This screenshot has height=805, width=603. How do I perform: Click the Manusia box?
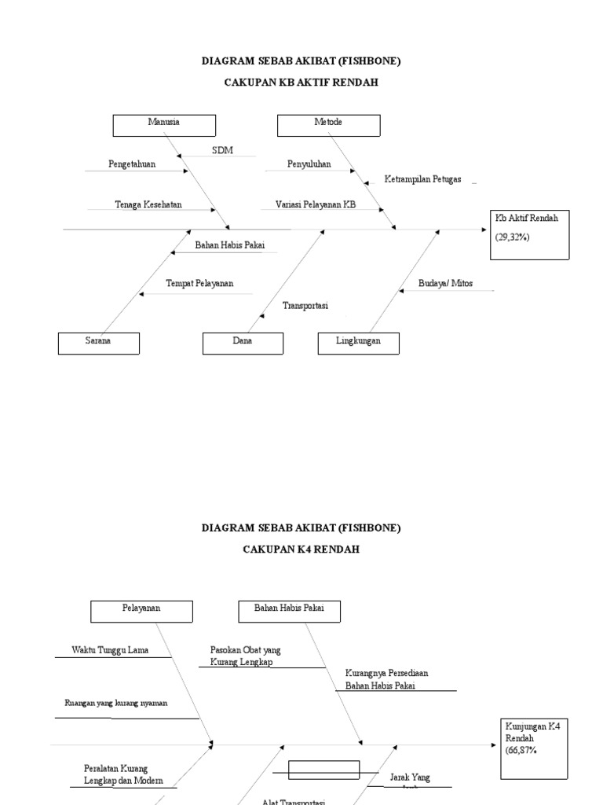[163, 126]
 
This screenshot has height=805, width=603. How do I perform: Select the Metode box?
[328, 126]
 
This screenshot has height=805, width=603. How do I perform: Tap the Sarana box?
[98, 344]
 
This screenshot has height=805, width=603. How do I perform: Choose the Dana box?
[243, 344]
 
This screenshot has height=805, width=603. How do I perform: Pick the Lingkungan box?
[358, 344]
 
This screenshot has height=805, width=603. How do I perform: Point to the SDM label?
[222, 150]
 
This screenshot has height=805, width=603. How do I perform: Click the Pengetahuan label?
[132, 164]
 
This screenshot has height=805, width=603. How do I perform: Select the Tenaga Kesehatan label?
[148, 204]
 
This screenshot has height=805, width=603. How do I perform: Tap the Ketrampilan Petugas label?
[422, 179]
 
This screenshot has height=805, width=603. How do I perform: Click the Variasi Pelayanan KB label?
[316, 204]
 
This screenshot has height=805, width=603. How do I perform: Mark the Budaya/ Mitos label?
[446, 283]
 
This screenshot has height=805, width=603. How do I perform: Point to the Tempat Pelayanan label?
[199, 283]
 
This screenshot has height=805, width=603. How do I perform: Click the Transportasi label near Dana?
[305, 306]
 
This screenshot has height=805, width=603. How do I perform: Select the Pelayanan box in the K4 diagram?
[141, 611]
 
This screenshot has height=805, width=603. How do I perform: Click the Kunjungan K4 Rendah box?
[533, 748]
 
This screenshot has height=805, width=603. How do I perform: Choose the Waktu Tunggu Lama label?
[110, 650]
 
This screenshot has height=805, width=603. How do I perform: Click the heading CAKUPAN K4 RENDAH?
[301, 550]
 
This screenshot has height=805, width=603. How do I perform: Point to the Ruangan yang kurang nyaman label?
[115, 703]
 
